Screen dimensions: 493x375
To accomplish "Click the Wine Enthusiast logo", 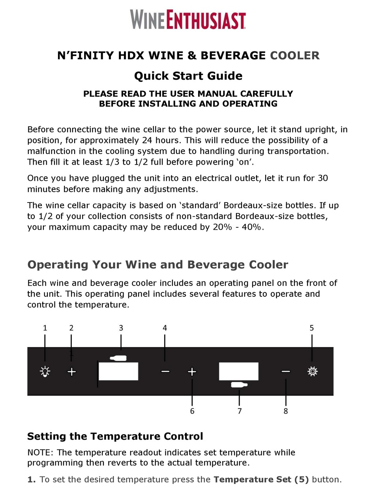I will [188, 20].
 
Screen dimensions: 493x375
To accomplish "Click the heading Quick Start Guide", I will [188, 75].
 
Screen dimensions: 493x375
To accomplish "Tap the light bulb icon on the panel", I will [45, 371].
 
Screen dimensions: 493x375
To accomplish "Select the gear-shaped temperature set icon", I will [312, 371].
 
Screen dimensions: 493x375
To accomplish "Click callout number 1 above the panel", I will [45, 328].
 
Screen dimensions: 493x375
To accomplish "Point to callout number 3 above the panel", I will [121, 328].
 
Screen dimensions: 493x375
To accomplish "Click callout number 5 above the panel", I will [312, 328].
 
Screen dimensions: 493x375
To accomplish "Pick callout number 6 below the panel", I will [192, 411].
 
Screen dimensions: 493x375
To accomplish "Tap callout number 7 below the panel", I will [240, 411].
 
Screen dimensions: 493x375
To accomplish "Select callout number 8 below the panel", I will [286, 411].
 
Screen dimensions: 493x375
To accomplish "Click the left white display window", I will [118, 371].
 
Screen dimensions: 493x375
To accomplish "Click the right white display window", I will [238, 371].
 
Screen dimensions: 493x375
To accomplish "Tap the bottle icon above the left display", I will [118, 358].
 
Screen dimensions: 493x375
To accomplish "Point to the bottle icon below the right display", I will [239, 385].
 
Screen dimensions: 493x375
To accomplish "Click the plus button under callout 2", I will [71, 372].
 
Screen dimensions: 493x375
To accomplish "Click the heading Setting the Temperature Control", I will [115, 436].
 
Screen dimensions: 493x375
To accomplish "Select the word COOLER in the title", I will [294, 55].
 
